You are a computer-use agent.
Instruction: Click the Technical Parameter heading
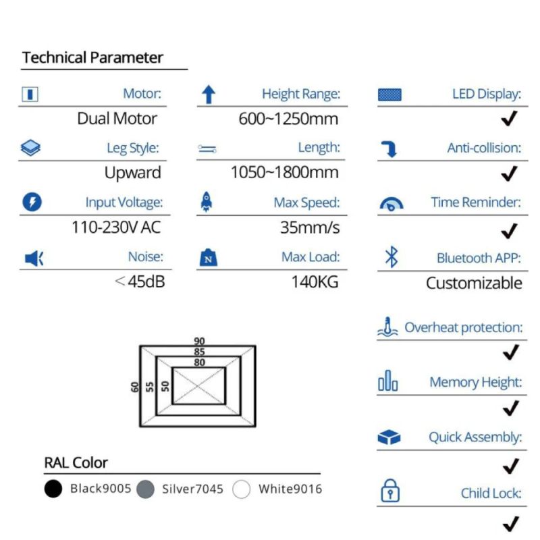pos(92,58)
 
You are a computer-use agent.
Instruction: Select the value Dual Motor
pos(117,119)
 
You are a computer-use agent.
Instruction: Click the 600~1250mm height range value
pos(288,119)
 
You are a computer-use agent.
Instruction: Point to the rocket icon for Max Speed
pos(207,202)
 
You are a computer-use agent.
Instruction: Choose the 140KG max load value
pos(315,281)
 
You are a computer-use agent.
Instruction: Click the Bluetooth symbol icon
pos(391,256)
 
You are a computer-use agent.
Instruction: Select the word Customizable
pos(473,283)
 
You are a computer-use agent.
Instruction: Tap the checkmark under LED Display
pos(510,119)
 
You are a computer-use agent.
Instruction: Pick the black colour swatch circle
pos(53,489)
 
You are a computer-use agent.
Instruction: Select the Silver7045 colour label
pos(192,489)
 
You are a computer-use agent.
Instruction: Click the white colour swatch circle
pos(242,489)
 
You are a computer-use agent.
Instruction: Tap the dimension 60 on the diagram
pos(135,387)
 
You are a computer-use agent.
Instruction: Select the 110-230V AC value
pos(116,227)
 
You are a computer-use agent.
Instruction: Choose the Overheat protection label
pos(463,328)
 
